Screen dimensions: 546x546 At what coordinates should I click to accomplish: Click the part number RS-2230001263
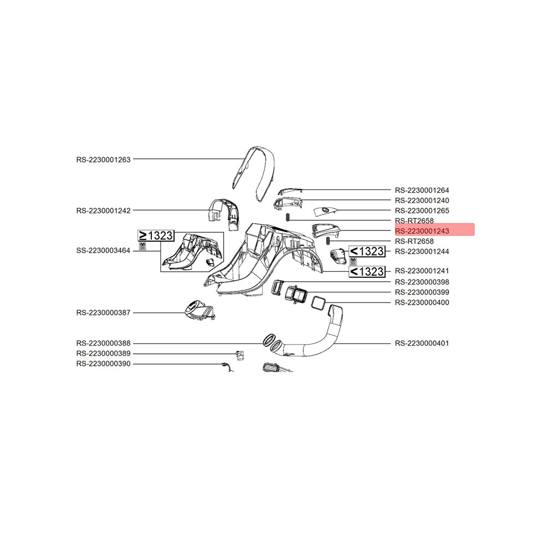click(x=103, y=160)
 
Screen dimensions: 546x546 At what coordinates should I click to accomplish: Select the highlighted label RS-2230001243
click(x=422, y=231)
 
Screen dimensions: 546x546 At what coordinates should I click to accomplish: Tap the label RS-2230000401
click(x=422, y=343)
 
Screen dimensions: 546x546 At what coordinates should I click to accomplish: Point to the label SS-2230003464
click(x=103, y=251)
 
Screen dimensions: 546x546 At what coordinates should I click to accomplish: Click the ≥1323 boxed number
click(x=156, y=236)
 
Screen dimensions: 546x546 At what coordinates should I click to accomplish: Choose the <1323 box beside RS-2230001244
click(x=367, y=251)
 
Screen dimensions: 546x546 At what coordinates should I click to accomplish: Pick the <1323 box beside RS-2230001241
click(x=367, y=271)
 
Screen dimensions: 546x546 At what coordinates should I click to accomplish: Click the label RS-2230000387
click(x=103, y=313)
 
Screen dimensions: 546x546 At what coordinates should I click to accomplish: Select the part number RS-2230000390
click(x=103, y=364)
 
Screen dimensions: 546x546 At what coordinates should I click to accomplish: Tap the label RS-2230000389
click(x=103, y=353)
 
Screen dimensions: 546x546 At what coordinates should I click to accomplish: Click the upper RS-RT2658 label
click(x=414, y=221)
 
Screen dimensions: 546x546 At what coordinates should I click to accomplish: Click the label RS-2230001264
click(x=422, y=191)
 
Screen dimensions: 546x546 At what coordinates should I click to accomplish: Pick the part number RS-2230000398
click(x=422, y=282)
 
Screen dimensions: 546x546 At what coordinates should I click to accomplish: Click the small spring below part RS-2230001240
click(x=288, y=217)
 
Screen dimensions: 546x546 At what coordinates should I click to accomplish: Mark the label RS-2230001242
click(x=103, y=211)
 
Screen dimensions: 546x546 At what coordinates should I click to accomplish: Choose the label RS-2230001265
click(x=422, y=211)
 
